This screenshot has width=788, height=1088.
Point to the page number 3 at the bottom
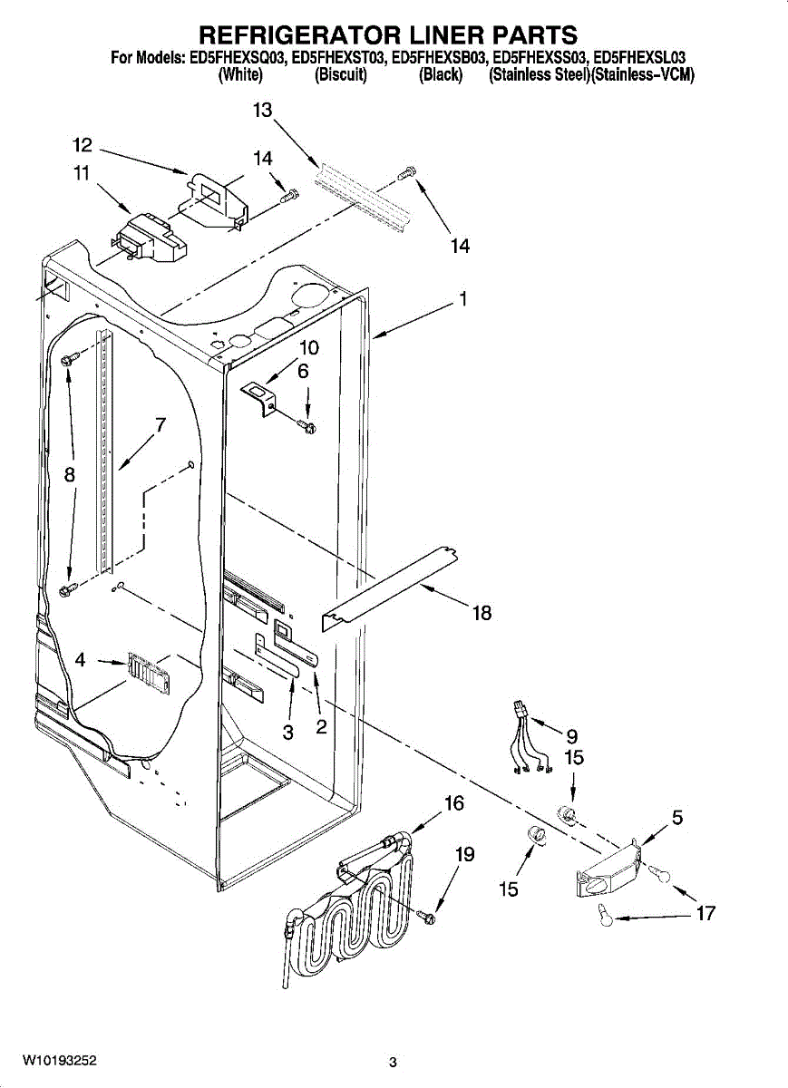pyautogui.click(x=393, y=1063)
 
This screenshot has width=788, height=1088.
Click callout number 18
pyautogui.click(x=482, y=614)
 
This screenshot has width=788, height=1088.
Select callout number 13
pyautogui.click(x=262, y=111)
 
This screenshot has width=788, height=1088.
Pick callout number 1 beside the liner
pyautogui.click(x=462, y=298)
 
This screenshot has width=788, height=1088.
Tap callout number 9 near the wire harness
pyautogui.click(x=571, y=735)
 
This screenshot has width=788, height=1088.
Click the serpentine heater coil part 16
pyautogui.click(x=349, y=916)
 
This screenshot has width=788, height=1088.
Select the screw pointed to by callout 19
pyautogui.click(x=427, y=919)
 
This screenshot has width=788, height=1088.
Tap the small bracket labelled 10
pyautogui.click(x=261, y=396)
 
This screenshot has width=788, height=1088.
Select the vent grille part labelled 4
pyautogui.click(x=145, y=673)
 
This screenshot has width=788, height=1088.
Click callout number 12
pyautogui.click(x=83, y=145)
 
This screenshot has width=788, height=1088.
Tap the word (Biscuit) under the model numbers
pyautogui.click(x=341, y=76)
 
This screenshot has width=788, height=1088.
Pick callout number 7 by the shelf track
pyautogui.click(x=160, y=424)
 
